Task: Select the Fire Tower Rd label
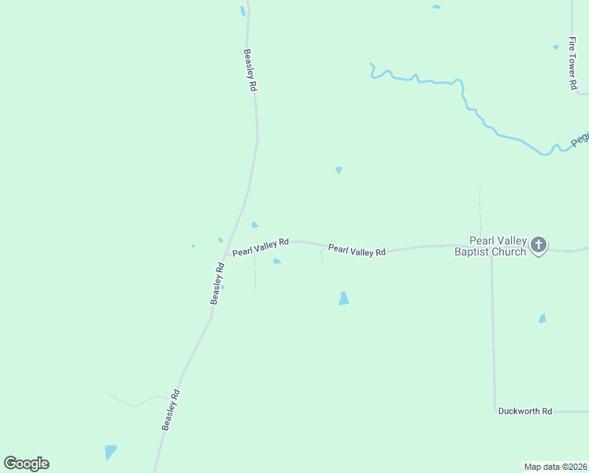[573, 62]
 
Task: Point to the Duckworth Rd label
[525, 412]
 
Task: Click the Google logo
[26, 464]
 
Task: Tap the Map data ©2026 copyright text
[555, 467]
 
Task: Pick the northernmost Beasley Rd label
[250, 72]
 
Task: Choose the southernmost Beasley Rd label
[172, 410]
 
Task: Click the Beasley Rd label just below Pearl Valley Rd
[218, 283]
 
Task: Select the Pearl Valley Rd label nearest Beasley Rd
[261, 247]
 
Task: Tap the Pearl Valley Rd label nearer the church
[357, 250]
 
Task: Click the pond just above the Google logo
[110, 452]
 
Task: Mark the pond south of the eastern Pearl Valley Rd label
[343, 298]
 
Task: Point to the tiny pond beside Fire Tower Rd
[556, 47]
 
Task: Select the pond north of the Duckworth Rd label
[542, 318]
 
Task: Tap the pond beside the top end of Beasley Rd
[243, 11]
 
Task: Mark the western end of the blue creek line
[371, 65]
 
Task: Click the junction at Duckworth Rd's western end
[495, 411]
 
